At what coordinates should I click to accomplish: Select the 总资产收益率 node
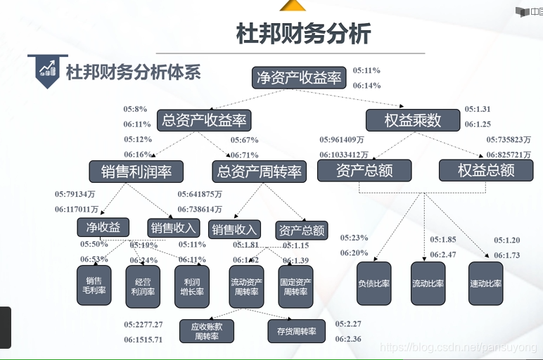pos(204,120)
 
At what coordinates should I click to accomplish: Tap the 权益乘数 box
pos(412,120)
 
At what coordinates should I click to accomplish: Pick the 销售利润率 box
pos(136,171)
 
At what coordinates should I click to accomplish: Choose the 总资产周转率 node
pos(260,171)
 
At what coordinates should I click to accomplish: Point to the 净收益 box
pos(103,227)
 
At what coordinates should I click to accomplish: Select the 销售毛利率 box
pos(94,285)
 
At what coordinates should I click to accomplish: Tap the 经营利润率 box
pos(143,285)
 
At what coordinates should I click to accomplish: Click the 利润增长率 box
pos(191,285)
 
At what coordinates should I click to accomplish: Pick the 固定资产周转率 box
pos(295,285)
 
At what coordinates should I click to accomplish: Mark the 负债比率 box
pos(373,283)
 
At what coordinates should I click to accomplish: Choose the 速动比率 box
pos(485,283)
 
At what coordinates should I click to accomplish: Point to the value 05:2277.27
pos(143,325)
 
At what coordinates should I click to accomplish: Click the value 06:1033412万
pos(344,155)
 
